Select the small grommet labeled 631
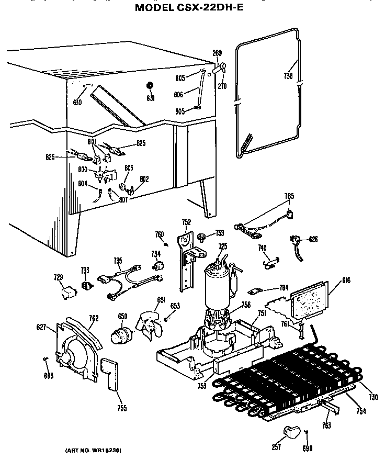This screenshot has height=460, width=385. (150, 86)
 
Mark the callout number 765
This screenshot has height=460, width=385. (289, 196)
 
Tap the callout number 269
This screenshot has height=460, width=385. (217, 53)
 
